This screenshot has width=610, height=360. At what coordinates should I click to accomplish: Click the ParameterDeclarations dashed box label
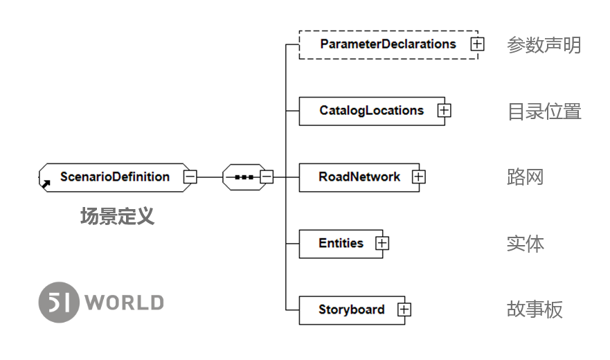click(388, 44)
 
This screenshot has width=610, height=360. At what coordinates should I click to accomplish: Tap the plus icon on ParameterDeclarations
click(477, 44)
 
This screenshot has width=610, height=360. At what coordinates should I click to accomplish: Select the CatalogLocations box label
click(372, 111)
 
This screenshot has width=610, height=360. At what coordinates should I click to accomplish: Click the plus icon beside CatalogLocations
click(444, 111)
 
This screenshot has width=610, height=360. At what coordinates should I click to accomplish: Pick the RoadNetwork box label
click(359, 177)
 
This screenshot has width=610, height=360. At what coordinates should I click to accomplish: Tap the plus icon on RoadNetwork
click(419, 177)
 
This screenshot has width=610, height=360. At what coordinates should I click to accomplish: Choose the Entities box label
click(341, 243)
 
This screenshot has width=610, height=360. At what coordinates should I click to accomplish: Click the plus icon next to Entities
click(382, 244)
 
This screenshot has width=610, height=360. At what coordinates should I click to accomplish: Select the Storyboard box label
click(352, 309)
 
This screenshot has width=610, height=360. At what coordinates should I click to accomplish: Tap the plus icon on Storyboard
click(404, 309)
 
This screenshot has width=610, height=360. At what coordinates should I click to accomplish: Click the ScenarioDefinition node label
click(115, 177)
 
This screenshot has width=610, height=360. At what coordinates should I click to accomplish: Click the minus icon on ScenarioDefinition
click(190, 177)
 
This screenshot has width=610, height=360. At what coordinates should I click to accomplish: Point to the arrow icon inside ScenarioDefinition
click(46, 184)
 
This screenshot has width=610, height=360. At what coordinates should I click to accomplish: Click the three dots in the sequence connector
click(244, 177)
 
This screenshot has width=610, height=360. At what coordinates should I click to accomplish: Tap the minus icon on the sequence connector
click(267, 177)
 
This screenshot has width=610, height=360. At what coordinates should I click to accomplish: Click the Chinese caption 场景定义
click(117, 217)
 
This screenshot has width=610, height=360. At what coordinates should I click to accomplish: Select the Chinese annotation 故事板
click(535, 309)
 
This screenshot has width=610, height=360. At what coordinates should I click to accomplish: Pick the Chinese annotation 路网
click(526, 177)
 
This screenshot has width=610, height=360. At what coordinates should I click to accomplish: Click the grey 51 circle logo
click(59, 303)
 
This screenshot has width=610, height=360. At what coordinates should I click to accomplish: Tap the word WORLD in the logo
click(125, 303)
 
